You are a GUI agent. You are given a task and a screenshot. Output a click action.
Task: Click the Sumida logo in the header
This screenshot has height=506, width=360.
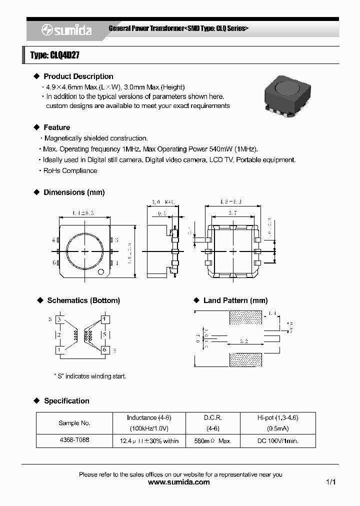tap(66, 30)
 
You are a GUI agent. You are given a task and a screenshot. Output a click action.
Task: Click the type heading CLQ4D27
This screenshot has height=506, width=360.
tap(55, 55)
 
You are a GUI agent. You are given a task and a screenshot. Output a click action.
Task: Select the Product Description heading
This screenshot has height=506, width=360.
tap(78, 76)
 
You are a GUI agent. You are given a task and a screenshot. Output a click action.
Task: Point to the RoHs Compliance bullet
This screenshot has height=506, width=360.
tap(70, 170)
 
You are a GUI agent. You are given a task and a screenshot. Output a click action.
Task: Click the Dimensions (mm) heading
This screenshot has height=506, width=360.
tap(74, 192)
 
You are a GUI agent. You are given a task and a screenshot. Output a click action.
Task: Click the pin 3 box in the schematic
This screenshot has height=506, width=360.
tap(59, 319)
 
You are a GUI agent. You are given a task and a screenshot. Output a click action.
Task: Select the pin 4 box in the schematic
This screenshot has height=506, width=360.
tap(104, 319)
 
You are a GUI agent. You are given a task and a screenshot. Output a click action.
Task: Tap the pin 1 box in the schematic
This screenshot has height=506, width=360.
tap(59, 350)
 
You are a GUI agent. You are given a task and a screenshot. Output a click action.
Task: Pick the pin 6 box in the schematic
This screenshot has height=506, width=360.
tap(104, 350)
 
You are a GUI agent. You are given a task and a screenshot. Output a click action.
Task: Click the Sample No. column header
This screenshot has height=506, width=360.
tap(74, 423)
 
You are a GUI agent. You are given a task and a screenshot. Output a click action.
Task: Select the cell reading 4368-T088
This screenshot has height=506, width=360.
tap(74, 440)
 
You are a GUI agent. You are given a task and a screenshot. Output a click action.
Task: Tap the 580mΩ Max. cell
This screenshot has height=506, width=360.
tap(212, 441)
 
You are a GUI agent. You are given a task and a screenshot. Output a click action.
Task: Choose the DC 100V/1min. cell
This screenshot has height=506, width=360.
tap(277, 441)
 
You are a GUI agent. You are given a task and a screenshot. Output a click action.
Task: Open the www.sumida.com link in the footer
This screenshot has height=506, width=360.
tap(179, 482)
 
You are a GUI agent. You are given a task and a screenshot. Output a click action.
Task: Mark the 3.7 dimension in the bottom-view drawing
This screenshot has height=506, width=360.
tap(233, 213)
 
